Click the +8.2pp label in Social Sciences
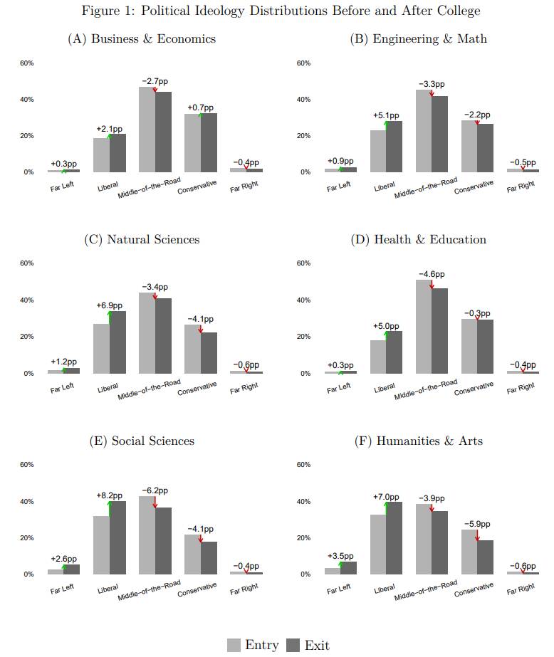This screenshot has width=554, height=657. click(x=109, y=495)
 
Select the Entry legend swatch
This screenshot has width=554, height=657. click(x=234, y=645)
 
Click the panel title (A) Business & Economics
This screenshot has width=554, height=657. click(x=142, y=38)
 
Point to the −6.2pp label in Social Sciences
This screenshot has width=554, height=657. click(x=155, y=490)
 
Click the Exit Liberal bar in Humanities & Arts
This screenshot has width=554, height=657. click(x=394, y=537)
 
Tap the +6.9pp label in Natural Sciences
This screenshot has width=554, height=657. click(x=109, y=305)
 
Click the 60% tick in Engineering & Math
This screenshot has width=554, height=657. click(x=303, y=63)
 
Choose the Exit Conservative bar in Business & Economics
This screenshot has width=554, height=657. click(x=209, y=142)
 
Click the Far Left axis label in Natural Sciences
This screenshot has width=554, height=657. click(x=62, y=388)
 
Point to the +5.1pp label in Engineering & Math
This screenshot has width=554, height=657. click(x=386, y=115)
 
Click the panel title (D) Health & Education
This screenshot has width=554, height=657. click(x=419, y=239)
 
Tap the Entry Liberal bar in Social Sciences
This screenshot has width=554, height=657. click(x=101, y=545)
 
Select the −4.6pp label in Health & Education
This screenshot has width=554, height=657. click(x=432, y=274)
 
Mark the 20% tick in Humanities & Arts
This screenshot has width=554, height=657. click(x=303, y=538)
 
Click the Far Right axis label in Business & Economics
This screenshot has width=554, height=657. click(x=244, y=187)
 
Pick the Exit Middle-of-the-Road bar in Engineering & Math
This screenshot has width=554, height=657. click(x=439, y=133)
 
